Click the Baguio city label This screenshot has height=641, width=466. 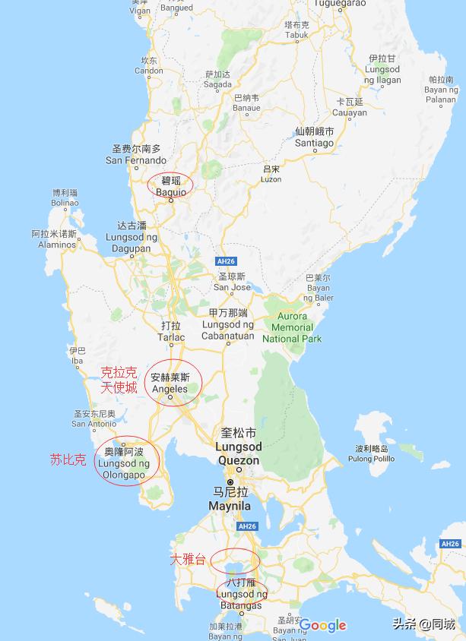170,186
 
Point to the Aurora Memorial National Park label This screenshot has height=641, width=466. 292,327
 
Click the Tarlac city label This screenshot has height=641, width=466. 170,332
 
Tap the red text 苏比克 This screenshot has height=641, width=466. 68,459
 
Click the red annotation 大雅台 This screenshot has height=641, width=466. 188,560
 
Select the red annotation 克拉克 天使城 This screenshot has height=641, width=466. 119,380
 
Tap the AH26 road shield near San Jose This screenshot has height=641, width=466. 226,261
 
